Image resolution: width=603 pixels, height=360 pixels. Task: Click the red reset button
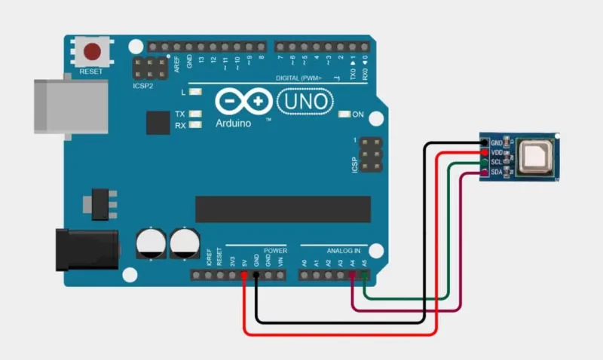click(x=93, y=53)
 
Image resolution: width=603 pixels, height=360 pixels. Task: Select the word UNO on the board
click(x=305, y=100)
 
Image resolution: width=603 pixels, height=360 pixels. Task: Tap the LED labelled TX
click(x=196, y=114)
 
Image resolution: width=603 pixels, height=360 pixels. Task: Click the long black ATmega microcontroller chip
click(x=283, y=209)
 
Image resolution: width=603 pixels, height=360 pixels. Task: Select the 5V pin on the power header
click(x=244, y=276)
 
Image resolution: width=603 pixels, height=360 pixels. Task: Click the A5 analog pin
click(x=365, y=276)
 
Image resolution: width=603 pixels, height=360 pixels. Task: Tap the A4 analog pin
click(x=353, y=276)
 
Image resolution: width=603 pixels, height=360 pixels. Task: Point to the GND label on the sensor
click(x=497, y=142)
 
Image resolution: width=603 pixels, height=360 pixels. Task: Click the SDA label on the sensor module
click(x=497, y=172)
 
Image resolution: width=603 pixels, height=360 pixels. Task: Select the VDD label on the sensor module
click(x=497, y=152)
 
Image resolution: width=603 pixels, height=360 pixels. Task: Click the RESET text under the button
click(x=93, y=72)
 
